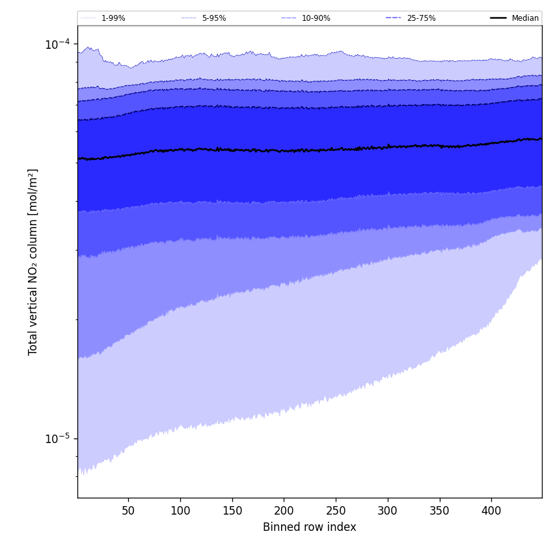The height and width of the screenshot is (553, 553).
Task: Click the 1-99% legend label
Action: click(x=113, y=18)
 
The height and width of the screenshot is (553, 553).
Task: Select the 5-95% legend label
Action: click(x=214, y=18)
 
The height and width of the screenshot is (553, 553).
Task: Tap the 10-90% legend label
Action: click(x=316, y=18)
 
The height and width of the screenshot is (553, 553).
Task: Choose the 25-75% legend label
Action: click(x=421, y=18)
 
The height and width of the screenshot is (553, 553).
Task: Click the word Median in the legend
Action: click(x=525, y=18)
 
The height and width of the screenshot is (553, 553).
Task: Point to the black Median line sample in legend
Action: click(x=498, y=18)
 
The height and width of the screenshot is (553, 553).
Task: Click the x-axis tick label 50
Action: click(x=128, y=511)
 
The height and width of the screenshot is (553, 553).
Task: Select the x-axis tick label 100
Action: click(x=180, y=511)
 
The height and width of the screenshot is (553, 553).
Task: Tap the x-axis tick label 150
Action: click(x=232, y=511)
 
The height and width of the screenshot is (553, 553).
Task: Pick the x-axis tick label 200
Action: click(x=284, y=511)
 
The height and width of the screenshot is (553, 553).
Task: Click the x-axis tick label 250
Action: click(x=336, y=511)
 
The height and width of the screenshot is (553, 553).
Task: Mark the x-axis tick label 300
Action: click(x=388, y=511)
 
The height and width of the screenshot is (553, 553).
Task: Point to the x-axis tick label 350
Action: click(x=439, y=511)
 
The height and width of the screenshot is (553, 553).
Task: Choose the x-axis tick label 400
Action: click(x=491, y=511)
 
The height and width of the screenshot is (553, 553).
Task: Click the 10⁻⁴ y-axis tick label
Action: click(x=57, y=44)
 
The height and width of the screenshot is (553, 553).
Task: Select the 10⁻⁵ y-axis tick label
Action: click(x=57, y=438)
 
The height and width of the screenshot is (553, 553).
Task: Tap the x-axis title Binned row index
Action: click(x=310, y=528)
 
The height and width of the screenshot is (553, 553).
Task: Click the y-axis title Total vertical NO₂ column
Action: click(x=33, y=262)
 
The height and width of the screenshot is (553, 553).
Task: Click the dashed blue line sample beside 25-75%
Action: click(x=393, y=18)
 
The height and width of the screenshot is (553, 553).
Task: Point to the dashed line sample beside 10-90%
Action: click(x=289, y=18)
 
